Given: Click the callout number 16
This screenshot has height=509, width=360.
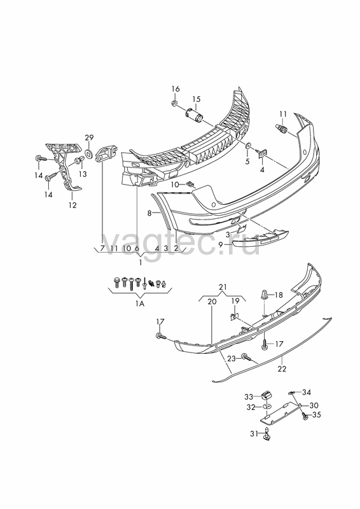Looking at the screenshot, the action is (176, 89).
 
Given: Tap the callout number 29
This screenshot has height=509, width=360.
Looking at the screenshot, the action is (89, 137).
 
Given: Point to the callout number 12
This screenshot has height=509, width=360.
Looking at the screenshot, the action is (73, 205).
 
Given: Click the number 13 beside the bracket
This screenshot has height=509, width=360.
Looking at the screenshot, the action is (83, 174).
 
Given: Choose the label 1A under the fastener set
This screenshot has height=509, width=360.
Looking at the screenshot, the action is (140, 304).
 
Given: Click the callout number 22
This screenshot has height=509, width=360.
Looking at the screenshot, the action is (282, 369).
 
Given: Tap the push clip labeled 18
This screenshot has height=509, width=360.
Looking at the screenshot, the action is (265, 295).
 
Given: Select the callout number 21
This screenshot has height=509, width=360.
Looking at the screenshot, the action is (223, 287).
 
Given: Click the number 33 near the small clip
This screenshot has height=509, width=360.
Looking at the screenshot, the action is (249, 396).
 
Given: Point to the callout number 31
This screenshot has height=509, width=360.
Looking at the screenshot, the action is (254, 433).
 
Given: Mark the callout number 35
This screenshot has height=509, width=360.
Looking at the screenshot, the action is (316, 415).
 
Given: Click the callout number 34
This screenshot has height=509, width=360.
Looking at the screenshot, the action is (307, 393).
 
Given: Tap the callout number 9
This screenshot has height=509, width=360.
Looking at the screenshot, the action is (221, 244).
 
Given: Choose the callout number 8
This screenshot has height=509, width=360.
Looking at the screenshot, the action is (149, 213).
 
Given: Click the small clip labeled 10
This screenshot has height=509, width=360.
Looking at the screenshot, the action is (191, 185).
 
